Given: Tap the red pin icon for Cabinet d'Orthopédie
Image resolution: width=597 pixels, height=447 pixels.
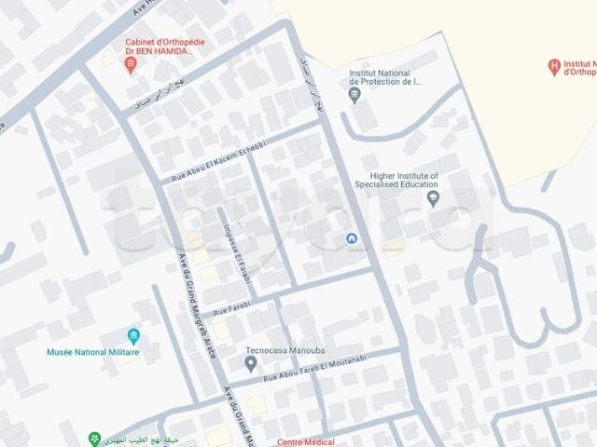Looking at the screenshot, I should tap(131, 64).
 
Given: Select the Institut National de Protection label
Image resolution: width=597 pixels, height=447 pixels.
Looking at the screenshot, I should tap(385, 76).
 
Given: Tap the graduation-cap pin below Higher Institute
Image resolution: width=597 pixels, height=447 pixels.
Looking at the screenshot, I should tap(433, 197).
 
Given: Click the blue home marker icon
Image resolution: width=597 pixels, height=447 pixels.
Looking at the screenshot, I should tap(352, 239).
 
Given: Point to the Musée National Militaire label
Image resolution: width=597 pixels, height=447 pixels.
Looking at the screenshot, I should tap(92, 353).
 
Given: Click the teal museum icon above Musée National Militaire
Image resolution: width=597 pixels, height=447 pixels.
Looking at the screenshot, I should tap(134, 335).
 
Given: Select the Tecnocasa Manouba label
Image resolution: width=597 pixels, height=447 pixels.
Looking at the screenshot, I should tap(276, 353).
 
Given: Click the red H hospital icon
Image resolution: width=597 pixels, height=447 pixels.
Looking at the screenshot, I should tap(555, 66).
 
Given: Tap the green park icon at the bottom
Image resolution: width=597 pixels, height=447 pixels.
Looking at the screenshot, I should tap(93, 438).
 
